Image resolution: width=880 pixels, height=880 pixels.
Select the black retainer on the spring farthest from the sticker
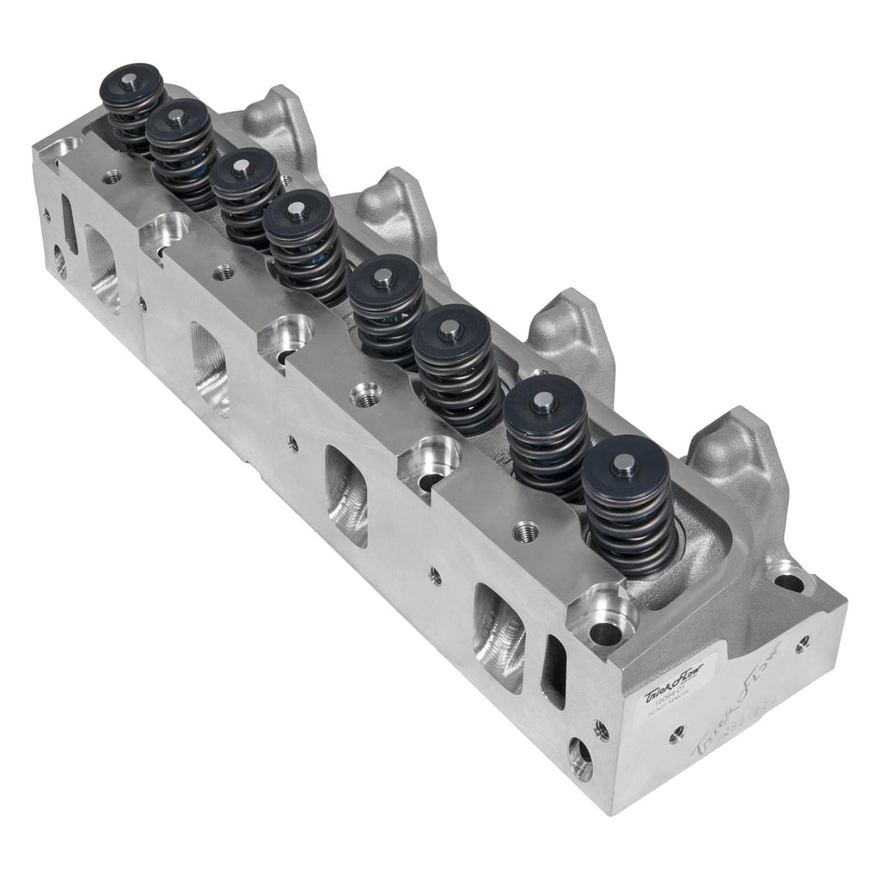click(x=131, y=82)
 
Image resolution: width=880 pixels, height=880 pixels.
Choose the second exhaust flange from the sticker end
click(x=563, y=335)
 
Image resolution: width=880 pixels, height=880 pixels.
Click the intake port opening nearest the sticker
click(x=499, y=636)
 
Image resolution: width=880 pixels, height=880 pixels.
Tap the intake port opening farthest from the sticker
click(x=102, y=267)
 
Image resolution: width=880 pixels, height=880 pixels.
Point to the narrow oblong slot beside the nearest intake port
click(x=553, y=670)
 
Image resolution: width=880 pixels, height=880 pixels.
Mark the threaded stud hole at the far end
click(x=111, y=178)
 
